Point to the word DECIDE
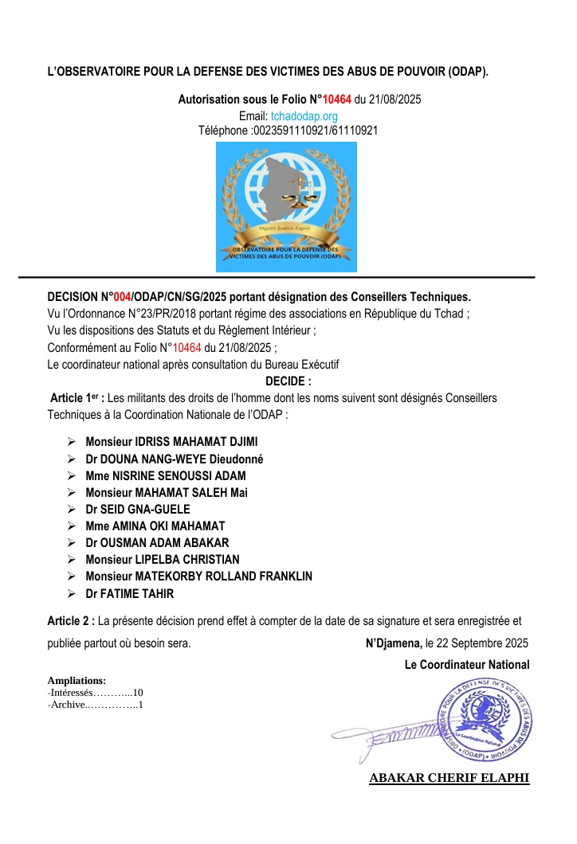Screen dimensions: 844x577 click(x=288, y=381)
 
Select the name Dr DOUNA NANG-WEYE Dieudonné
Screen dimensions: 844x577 click(x=175, y=459)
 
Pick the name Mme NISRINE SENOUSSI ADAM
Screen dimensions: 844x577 click(x=166, y=476)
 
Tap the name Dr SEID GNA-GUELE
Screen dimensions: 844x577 click(x=138, y=510)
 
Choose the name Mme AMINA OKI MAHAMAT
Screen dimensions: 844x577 click(x=155, y=526)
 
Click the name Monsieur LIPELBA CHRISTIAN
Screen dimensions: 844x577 click(x=163, y=560)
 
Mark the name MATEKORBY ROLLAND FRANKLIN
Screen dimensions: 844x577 click(x=226, y=576)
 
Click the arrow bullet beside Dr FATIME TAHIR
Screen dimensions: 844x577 click(x=71, y=594)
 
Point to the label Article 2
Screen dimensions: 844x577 click(x=71, y=619)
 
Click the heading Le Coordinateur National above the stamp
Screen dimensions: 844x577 click(x=466, y=664)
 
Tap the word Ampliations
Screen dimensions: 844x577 click(x=77, y=680)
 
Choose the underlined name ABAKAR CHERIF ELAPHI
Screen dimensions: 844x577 click(x=449, y=778)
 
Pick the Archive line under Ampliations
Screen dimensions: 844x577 click(x=95, y=705)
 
